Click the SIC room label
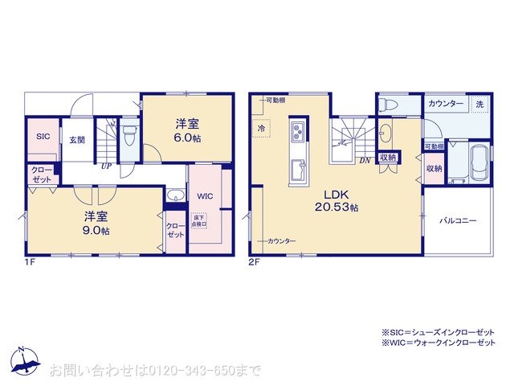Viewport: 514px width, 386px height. tap(43, 137)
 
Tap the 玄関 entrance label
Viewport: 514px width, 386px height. tap(76, 141)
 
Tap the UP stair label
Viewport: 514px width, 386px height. tap(105, 166)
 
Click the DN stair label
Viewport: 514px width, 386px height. tap(364, 160)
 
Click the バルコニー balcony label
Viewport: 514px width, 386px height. tap(457, 220)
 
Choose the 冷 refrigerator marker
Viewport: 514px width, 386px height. tap(261, 128)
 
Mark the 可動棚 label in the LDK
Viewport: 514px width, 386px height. tap(276, 101)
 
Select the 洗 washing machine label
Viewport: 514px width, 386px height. tap(479, 105)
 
